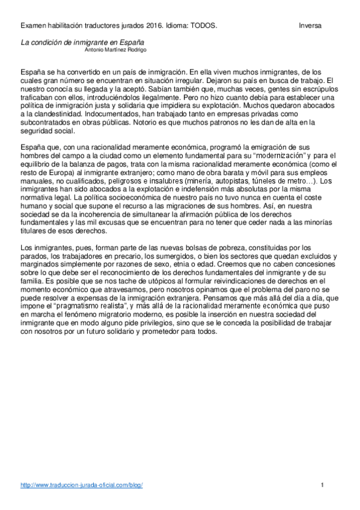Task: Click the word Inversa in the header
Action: coord(310,26)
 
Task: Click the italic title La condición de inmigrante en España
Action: coord(83,43)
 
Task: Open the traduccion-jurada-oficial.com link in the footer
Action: coord(82,485)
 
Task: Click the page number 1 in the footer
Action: coord(323,485)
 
